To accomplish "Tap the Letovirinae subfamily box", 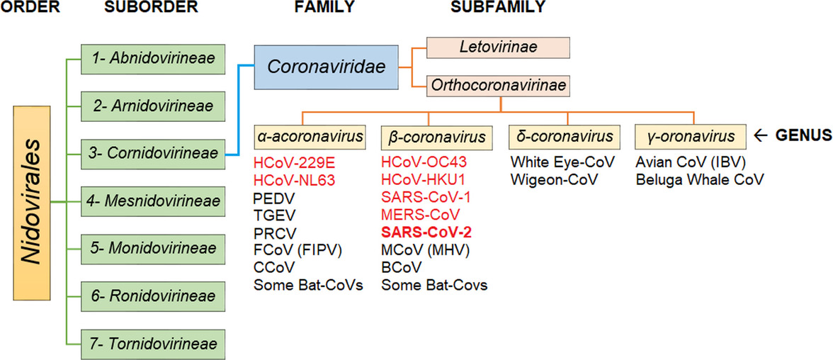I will click(498, 47).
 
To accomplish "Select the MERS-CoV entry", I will click(420, 214).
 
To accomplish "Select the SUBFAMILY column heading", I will click(497, 8).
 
